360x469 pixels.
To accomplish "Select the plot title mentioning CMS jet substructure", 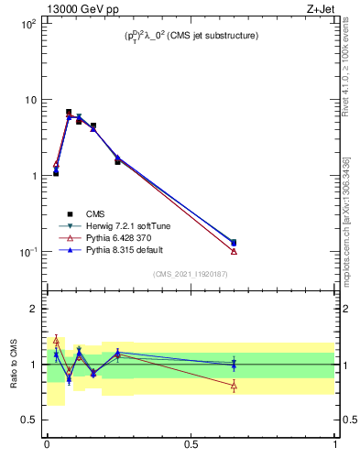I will pos(191,36).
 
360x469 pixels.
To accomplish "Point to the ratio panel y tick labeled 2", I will pos(33,310).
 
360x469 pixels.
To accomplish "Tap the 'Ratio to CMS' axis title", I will pos(13,365).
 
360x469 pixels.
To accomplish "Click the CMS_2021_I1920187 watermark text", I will pos(191,274).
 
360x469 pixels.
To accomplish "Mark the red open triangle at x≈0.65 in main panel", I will pos(234,251).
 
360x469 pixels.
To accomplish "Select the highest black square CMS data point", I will pos(69,112).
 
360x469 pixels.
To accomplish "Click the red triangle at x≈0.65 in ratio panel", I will pos(234,386).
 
